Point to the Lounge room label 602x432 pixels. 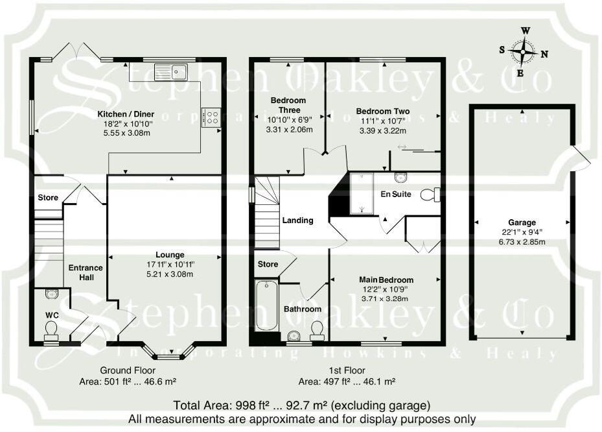170,255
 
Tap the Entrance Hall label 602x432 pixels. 86,272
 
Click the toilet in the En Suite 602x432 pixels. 430,194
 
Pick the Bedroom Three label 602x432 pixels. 288,105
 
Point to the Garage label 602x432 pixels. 522,222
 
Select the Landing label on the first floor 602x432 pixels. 297,221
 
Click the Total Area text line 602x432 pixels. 301,405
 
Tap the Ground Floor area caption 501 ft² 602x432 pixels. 129,381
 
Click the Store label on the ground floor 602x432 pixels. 48,198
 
